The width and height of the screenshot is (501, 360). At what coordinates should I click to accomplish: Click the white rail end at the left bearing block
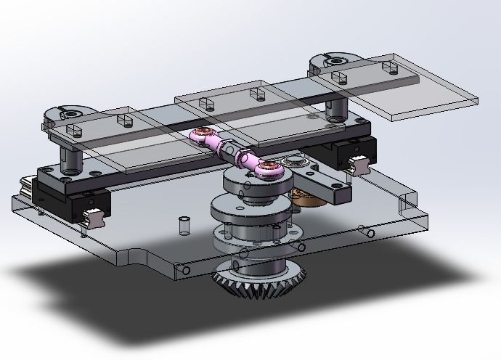coord(92,216)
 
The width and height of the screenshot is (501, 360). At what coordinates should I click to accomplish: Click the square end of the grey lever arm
coord(338,192)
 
